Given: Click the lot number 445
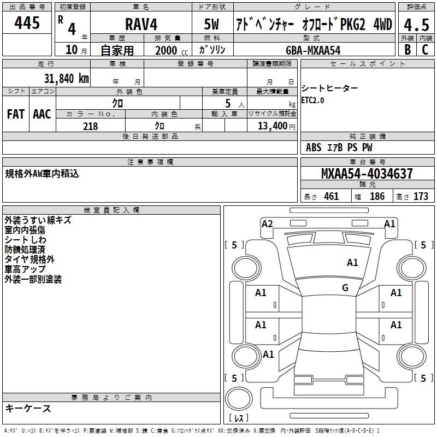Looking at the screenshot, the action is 27,23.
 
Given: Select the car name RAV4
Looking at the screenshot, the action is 141,24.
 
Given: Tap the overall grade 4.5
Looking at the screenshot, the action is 416,25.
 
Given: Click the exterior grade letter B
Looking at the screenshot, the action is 408,49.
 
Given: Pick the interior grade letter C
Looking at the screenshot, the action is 425,49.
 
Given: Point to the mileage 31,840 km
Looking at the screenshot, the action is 66,79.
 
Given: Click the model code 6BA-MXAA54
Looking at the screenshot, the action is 313,50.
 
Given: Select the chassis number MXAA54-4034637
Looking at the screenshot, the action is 367,173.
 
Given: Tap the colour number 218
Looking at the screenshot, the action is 90,126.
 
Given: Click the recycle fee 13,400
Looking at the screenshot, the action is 272,126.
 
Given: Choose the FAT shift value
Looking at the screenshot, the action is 16,114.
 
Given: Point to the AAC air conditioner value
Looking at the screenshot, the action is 42,114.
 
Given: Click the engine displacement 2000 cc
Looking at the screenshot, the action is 172,50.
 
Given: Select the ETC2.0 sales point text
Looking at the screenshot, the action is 312,101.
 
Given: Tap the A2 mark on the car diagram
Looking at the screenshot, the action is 267,224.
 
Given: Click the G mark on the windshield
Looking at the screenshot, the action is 345,288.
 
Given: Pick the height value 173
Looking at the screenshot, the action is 421,196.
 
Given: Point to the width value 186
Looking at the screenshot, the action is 377,196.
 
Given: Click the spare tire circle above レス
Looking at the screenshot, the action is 239,399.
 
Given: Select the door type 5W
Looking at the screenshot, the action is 211,24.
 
